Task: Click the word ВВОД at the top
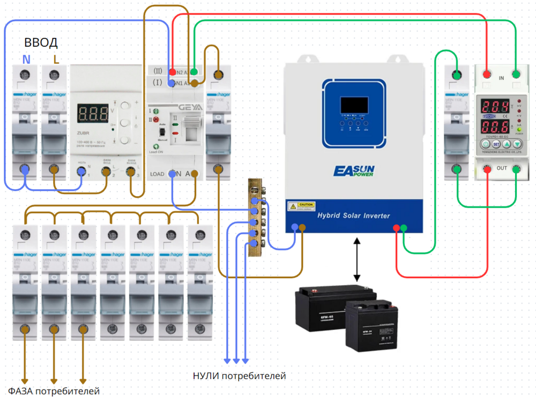click(41, 43)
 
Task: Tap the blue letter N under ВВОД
click(26, 59)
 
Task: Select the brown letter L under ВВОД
click(56, 59)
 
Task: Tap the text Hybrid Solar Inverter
click(354, 216)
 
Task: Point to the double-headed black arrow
click(357, 260)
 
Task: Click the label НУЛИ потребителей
click(239, 376)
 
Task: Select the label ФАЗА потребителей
click(54, 390)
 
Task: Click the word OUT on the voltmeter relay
click(502, 168)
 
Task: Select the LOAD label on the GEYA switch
click(157, 174)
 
